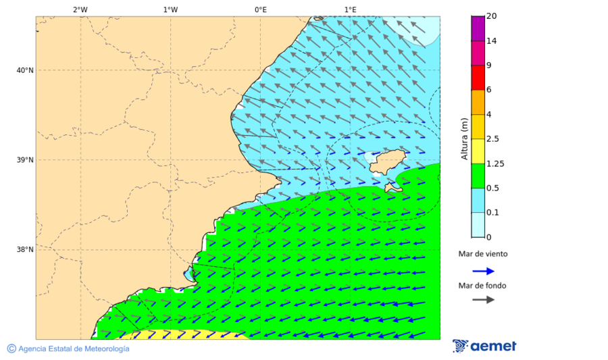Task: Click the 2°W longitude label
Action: (80, 10)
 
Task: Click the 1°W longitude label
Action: (170, 10)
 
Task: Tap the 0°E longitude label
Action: (260, 10)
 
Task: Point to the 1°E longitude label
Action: (350, 10)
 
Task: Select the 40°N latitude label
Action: (24, 70)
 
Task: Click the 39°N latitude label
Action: (24, 160)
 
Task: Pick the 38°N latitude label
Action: (24, 250)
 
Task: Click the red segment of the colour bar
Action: (478, 78)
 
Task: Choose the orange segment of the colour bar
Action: (478, 102)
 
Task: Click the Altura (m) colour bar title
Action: (464, 138)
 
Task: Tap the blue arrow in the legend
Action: (483, 271)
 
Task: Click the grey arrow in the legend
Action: (483, 300)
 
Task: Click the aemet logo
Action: (484, 346)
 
